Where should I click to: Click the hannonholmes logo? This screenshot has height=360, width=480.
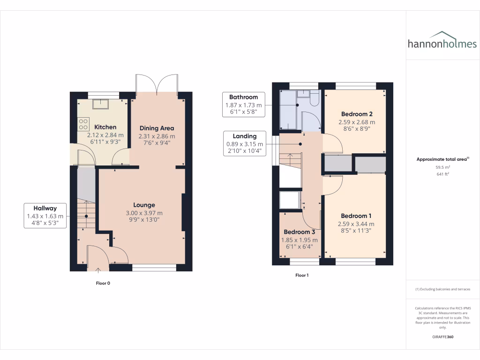[x=442, y=42]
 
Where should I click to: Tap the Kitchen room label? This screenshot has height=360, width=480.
[x=105, y=127]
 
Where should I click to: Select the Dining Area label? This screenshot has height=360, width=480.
[x=157, y=128]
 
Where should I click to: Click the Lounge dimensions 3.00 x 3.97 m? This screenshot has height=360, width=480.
[x=144, y=213]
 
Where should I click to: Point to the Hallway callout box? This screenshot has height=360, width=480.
[x=45, y=216]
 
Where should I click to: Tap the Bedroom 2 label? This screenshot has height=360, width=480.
[x=357, y=114]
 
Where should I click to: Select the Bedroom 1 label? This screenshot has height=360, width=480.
[x=356, y=216]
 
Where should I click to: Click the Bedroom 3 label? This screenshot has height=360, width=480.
[x=300, y=232]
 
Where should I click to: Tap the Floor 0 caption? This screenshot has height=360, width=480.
[x=103, y=283]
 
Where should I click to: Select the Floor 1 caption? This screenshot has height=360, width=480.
[x=302, y=276]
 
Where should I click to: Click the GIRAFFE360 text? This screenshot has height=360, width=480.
[x=442, y=337]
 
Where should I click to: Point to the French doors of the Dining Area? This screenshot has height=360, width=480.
[x=157, y=84]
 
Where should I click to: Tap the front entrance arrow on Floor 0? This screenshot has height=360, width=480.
[x=98, y=270]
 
